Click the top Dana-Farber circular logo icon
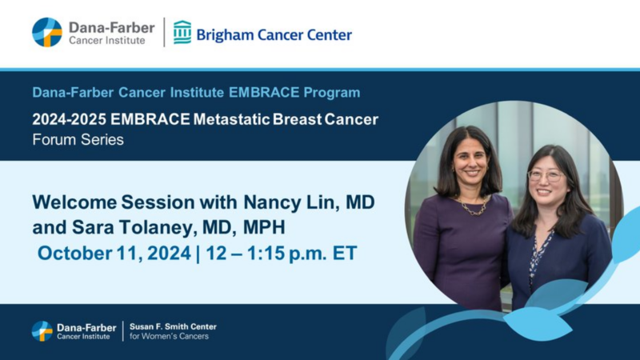coord(47,32)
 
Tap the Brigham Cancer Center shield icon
coord(182,32)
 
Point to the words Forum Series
coord(78,140)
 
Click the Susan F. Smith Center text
coord(173,326)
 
